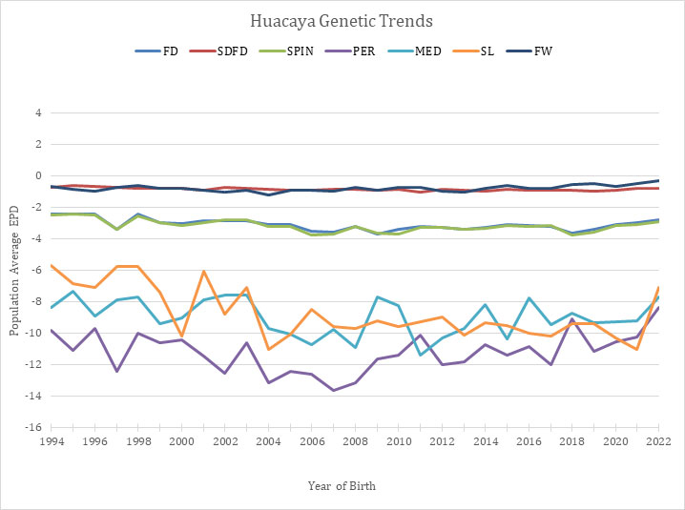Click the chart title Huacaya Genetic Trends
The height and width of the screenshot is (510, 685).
point(342,19)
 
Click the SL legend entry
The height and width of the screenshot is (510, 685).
point(476,50)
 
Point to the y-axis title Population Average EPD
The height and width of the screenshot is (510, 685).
point(14,270)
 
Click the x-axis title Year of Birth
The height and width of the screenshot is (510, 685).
point(342,486)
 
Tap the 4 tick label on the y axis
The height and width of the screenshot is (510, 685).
point(39,112)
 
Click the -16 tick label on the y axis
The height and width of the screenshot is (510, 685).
point(35,427)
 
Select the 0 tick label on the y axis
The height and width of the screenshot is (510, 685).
point(39,175)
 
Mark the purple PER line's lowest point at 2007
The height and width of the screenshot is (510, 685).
point(333,390)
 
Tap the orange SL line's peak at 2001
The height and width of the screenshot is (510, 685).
point(203,272)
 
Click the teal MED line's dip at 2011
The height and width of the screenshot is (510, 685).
point(420,356)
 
